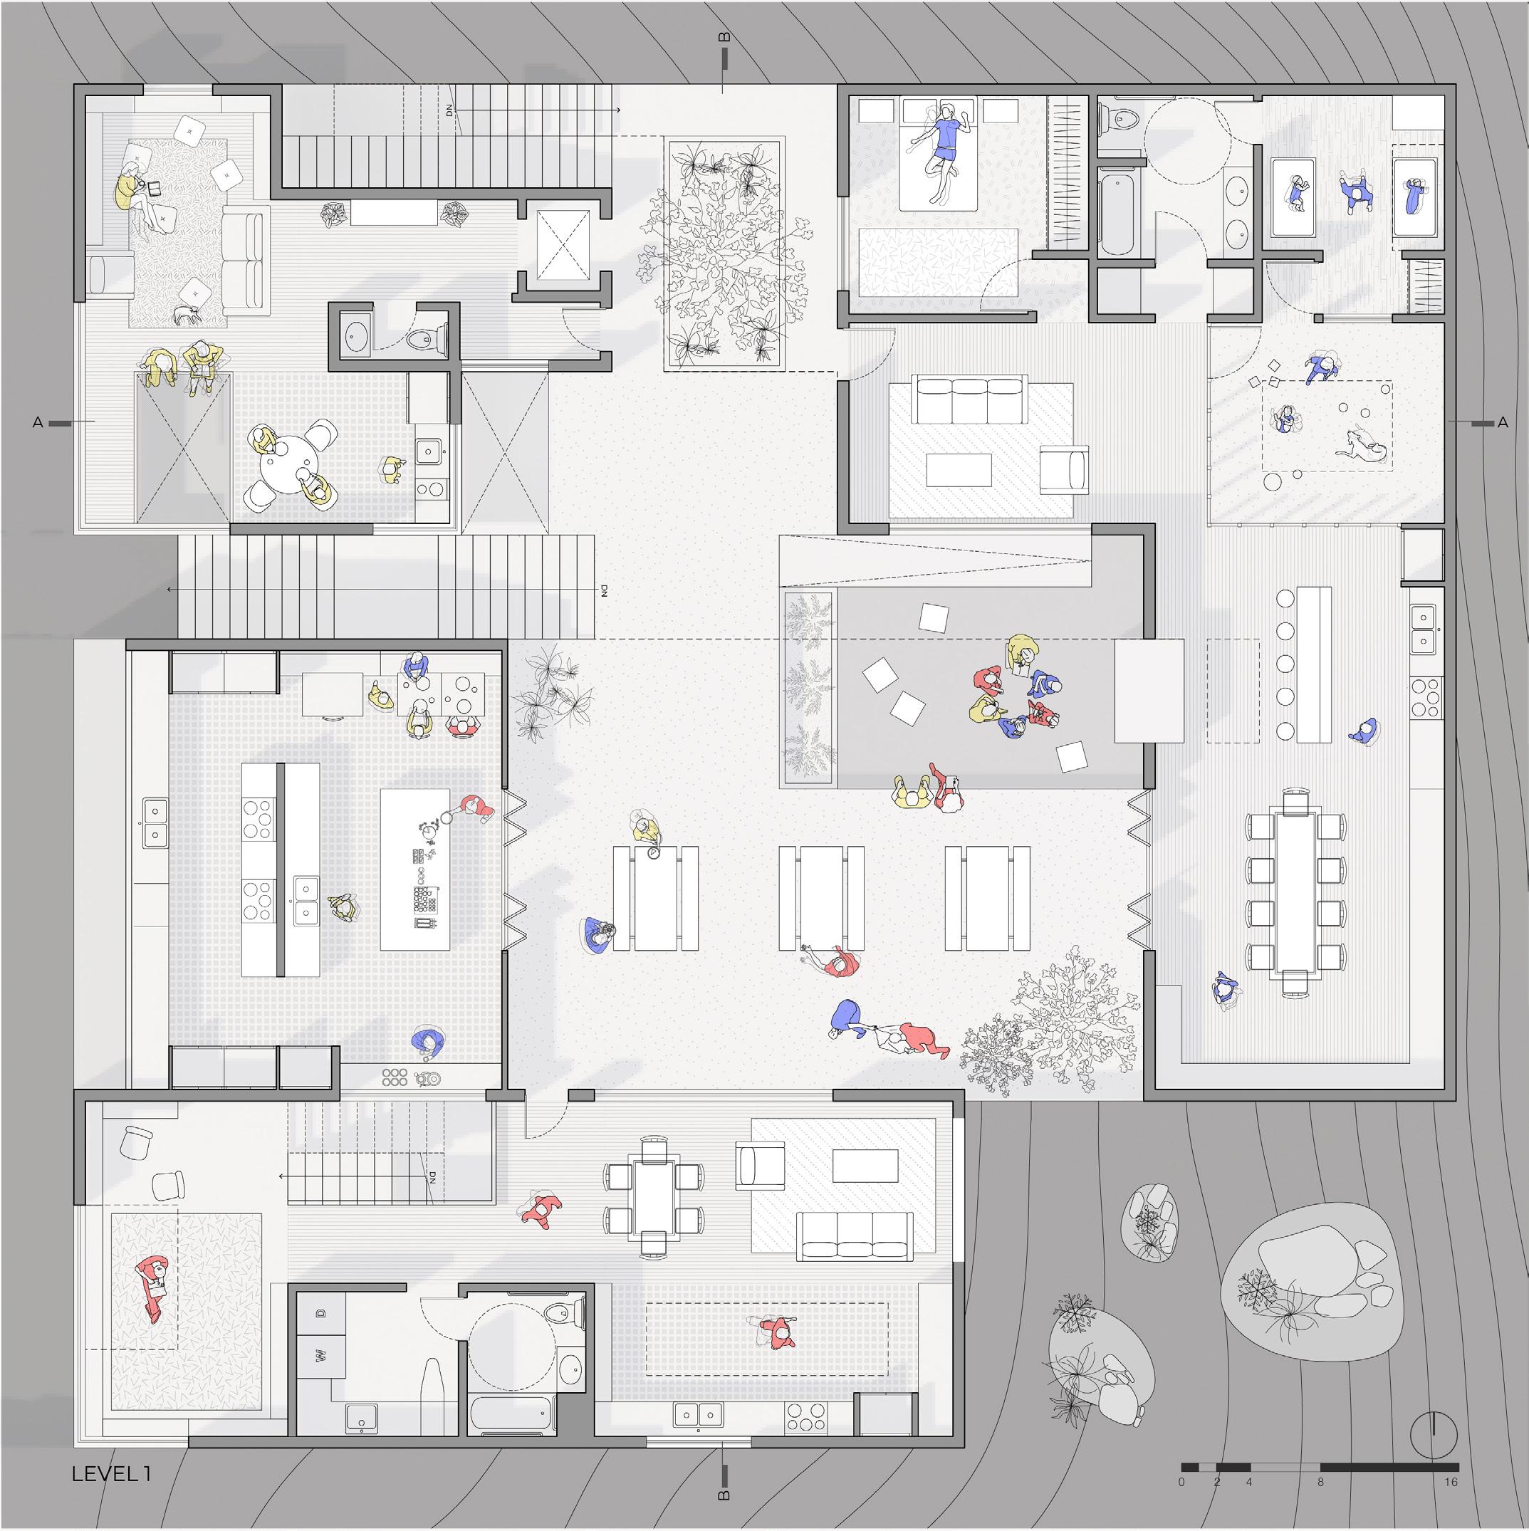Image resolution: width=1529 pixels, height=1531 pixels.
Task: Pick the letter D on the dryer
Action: (321, 1314)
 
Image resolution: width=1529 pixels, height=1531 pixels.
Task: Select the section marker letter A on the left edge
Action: (38, 423)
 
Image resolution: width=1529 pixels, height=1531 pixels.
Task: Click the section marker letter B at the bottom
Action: (724, 1518)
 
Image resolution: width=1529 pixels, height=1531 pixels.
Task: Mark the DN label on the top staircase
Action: (450, 110)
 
